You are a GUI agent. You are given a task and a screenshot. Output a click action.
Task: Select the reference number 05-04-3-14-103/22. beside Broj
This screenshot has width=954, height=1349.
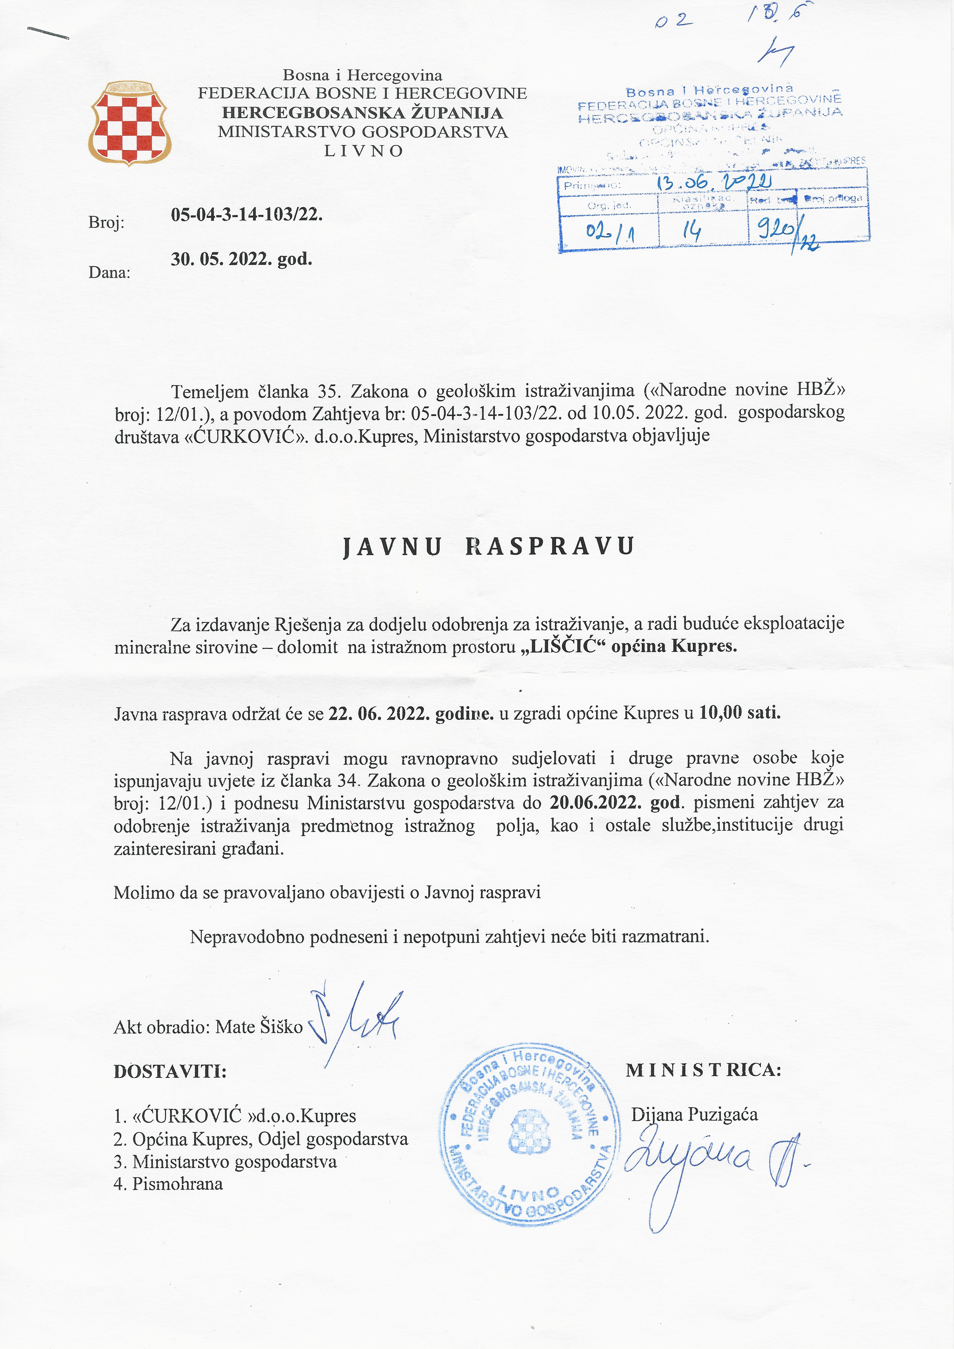247,214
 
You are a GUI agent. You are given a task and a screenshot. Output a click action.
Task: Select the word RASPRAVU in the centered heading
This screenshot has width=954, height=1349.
549,546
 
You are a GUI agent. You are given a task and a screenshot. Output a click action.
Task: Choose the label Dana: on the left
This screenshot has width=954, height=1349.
109,273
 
